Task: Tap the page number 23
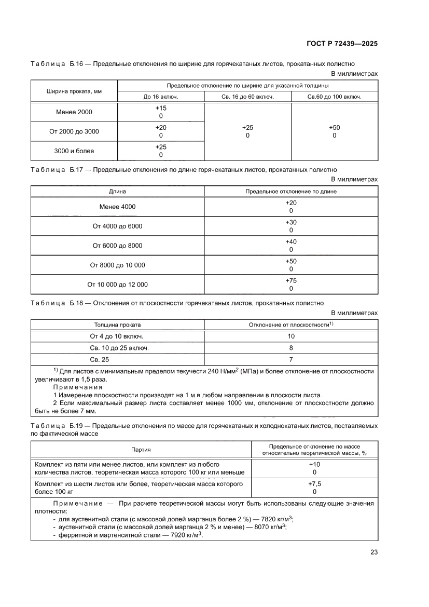(x=373, y=567)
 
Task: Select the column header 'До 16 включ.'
(x=161, y=97)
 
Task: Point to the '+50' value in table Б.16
(x=334, y=128)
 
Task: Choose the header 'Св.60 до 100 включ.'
(x=334, y=97)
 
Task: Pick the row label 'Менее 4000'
(x=117, y=207)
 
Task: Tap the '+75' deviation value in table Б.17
(x=290, y=281)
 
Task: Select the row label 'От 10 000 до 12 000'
(x=117, y=285)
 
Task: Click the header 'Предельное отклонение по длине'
(x=290, y=192)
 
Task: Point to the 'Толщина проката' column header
(x=117, y=325)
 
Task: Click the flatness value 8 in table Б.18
(x=290, y=347)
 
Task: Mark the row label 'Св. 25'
(x=100, y=359)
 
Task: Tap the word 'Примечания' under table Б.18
(x=78, y=387)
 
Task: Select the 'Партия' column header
(x=141, y=449)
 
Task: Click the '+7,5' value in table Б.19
(x=314, y=483)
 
